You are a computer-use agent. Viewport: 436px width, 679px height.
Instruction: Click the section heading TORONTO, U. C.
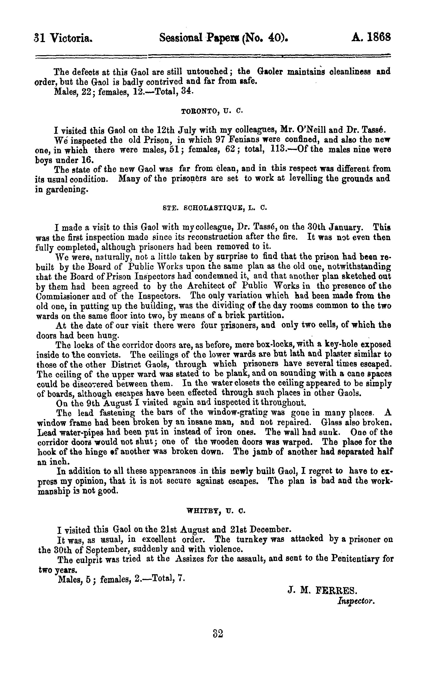pos(212,111)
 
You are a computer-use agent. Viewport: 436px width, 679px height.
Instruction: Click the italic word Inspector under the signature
pos(356,601)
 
